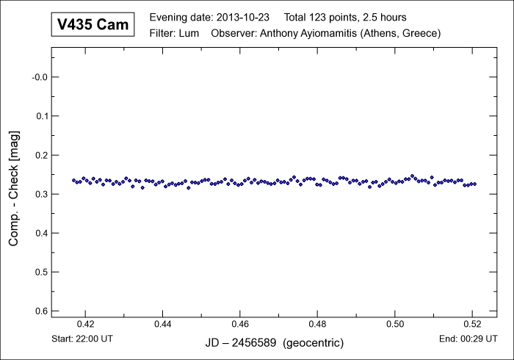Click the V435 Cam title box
point(93,25)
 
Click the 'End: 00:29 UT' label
point(466,340)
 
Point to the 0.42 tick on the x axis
point(86,324)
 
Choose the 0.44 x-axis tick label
point(163,324)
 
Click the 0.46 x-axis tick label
point(240,324)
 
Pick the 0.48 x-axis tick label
point(317,324)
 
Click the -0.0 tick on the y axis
point(37,77)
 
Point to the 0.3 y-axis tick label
point(40,194)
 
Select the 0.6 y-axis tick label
point(40,311)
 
